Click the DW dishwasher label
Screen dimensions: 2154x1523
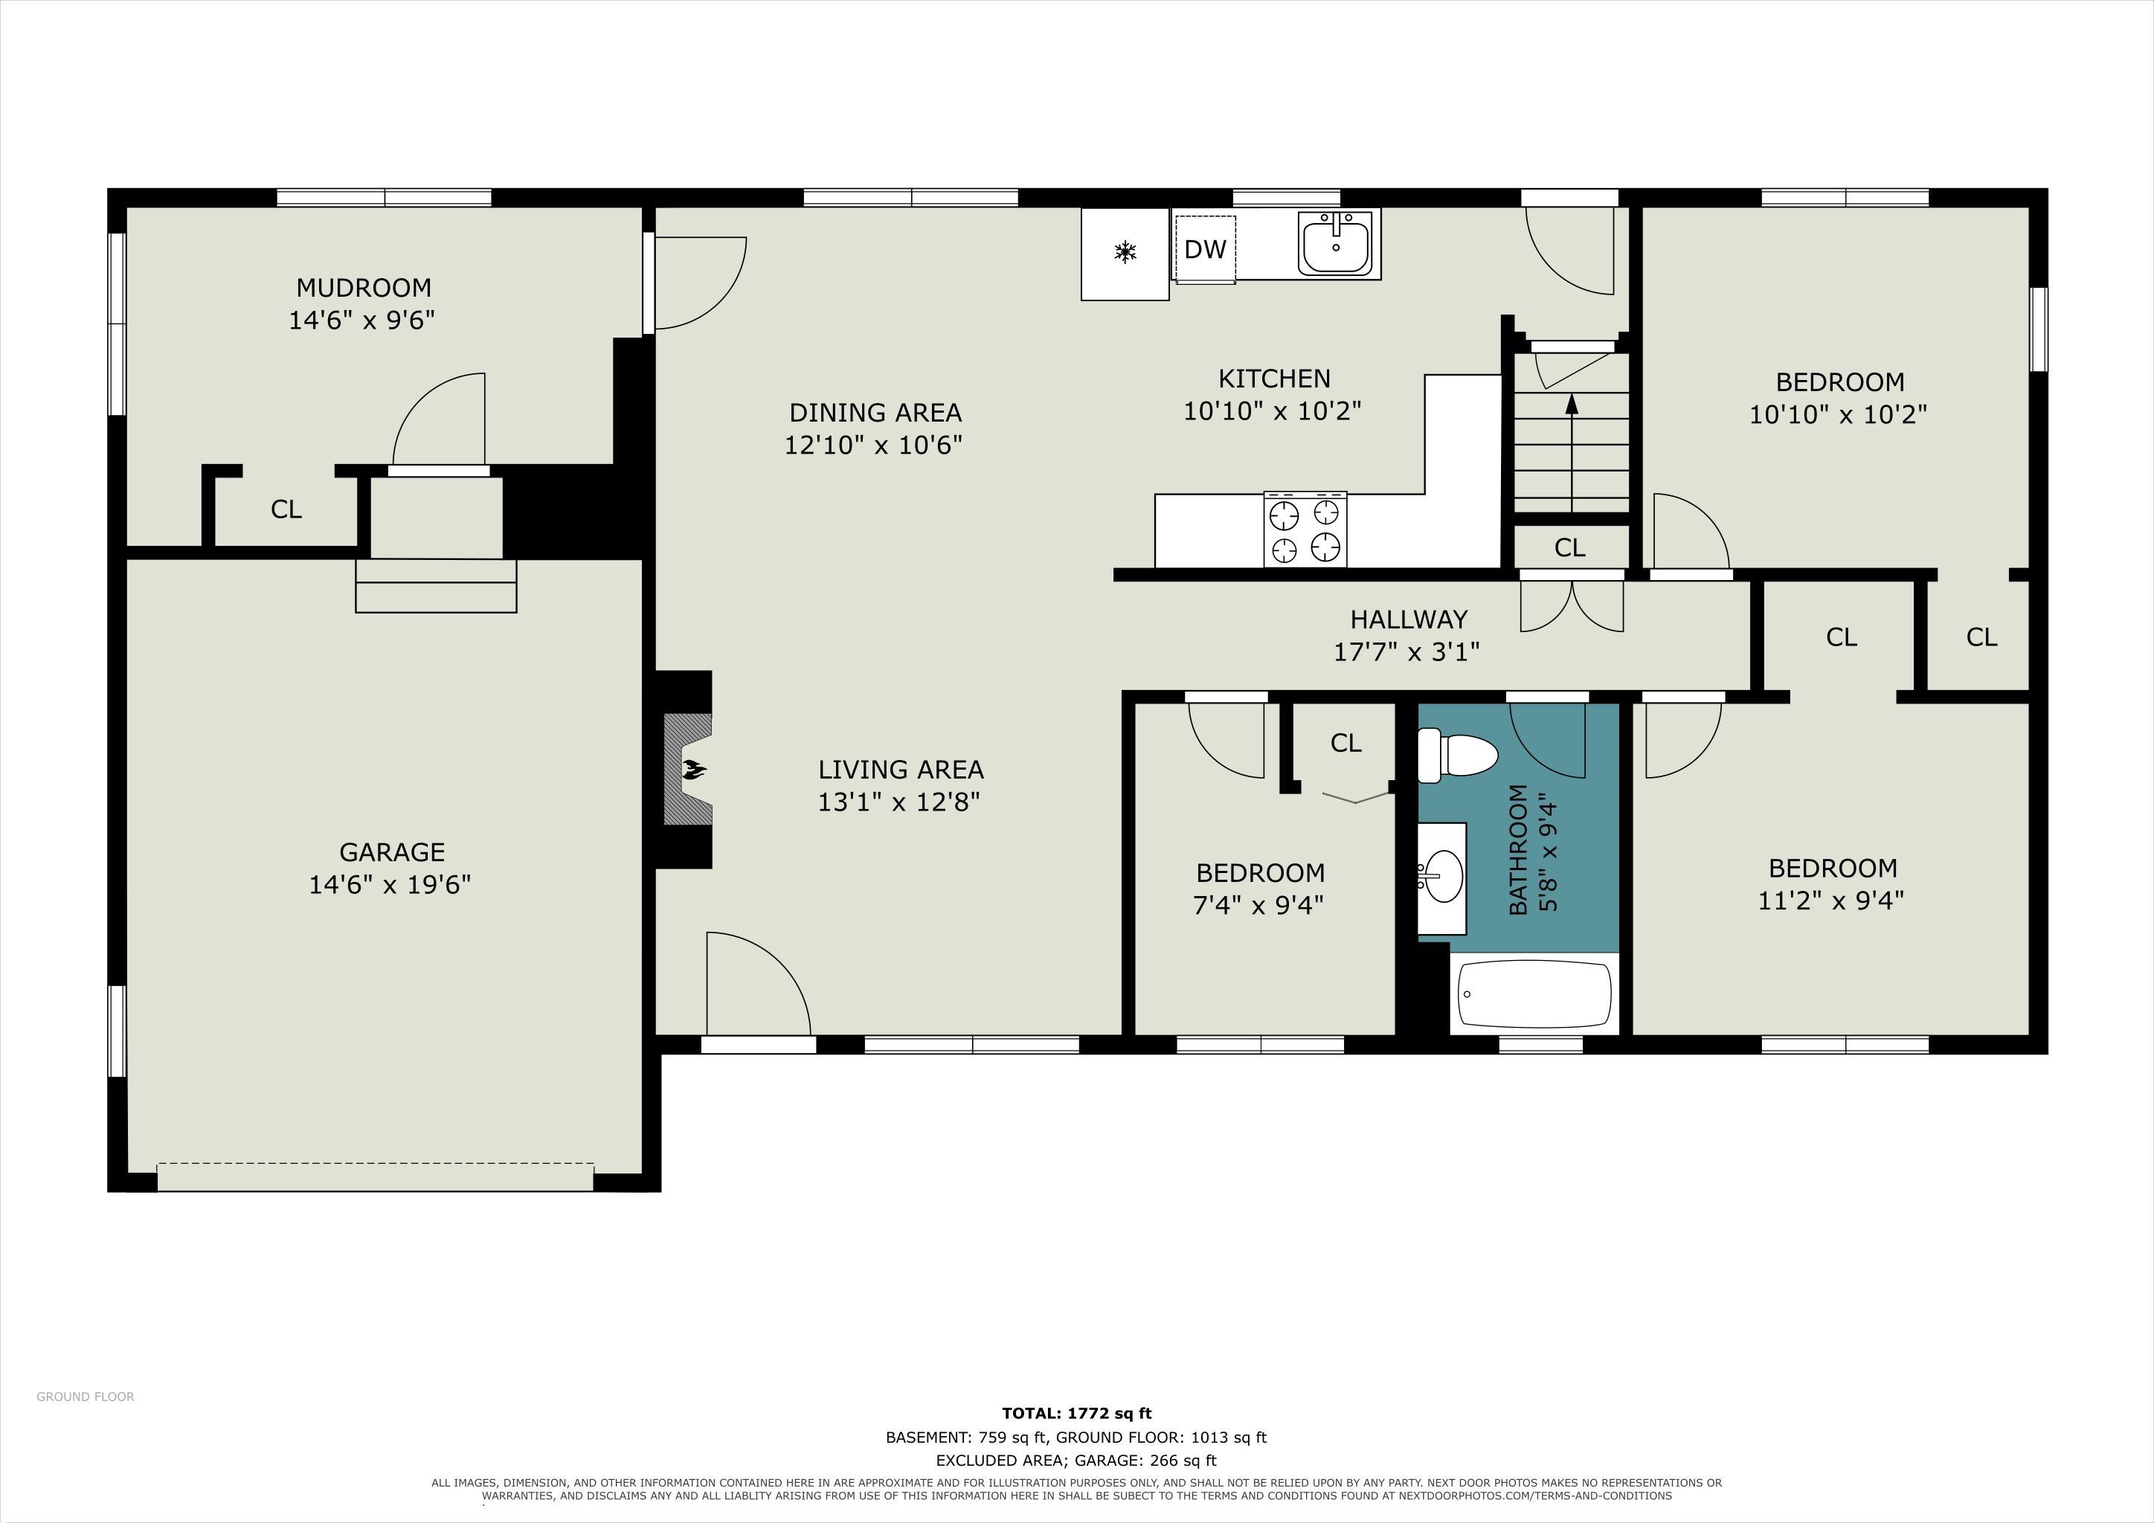click(1206, 249)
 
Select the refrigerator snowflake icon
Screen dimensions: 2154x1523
click(1125, 251)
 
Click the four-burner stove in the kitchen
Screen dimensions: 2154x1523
click(1305, 530)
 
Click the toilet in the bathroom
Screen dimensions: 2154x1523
click(1457, 756)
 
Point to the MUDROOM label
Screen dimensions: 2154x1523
click(363, 287)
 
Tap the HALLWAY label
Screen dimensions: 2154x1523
click(1408, 619)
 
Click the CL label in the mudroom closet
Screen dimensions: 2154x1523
click(286, 509)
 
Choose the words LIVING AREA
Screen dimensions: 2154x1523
click(901, 770)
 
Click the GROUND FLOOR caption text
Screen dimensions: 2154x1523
click(86, 1397)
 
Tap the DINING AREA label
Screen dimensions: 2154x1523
click(875, 413)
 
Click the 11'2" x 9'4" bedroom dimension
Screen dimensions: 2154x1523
click(1830, 901)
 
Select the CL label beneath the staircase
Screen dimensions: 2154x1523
click(1569, 547)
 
